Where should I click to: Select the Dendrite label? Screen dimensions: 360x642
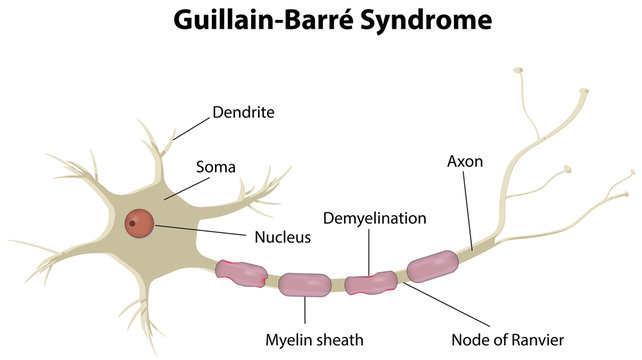[x=244, y=112]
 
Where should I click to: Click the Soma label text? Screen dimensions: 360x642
[x=215, y=166]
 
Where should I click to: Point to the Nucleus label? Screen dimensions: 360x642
[x=283, y=238]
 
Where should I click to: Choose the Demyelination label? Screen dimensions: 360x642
[x=375, y=218]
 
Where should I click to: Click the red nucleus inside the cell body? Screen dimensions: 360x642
[x=140, y=224]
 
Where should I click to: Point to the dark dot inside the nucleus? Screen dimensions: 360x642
[x=132, y=223]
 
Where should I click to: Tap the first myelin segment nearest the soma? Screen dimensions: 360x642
[x=242, y=272]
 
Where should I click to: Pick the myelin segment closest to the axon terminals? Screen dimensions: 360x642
[x=433, y=265]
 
